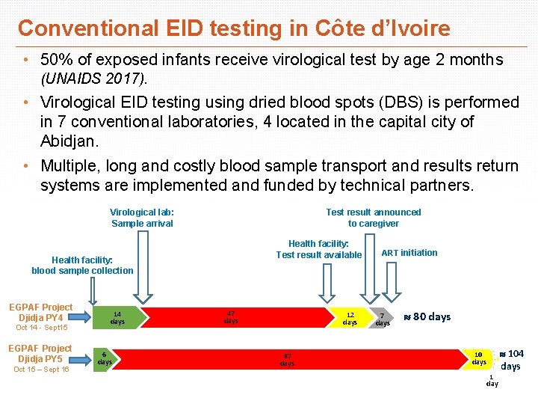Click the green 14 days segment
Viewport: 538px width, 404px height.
point(117,318)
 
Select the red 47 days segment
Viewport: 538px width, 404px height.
point(231,317)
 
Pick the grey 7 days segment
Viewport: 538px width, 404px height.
point(382,318)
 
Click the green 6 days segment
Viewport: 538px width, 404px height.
point(105,358)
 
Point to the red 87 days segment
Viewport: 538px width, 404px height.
point(287,359)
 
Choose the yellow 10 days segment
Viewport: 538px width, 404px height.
point(478,358)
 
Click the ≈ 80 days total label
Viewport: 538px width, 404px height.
point(427,316)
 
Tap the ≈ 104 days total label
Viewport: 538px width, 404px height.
point(511,359)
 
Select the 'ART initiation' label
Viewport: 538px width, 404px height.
point(409,253)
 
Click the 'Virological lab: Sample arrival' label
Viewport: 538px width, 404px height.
point(142,218)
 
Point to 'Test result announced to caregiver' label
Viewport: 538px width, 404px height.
point(374,218)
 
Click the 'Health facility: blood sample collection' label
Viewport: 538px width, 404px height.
point(82,265)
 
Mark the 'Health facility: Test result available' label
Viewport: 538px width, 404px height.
point(319,249)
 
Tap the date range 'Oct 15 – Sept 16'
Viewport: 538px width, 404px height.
point(41,370)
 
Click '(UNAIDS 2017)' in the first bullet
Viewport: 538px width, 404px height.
point(95,78)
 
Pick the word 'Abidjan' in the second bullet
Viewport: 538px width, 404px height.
point(68,141)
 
